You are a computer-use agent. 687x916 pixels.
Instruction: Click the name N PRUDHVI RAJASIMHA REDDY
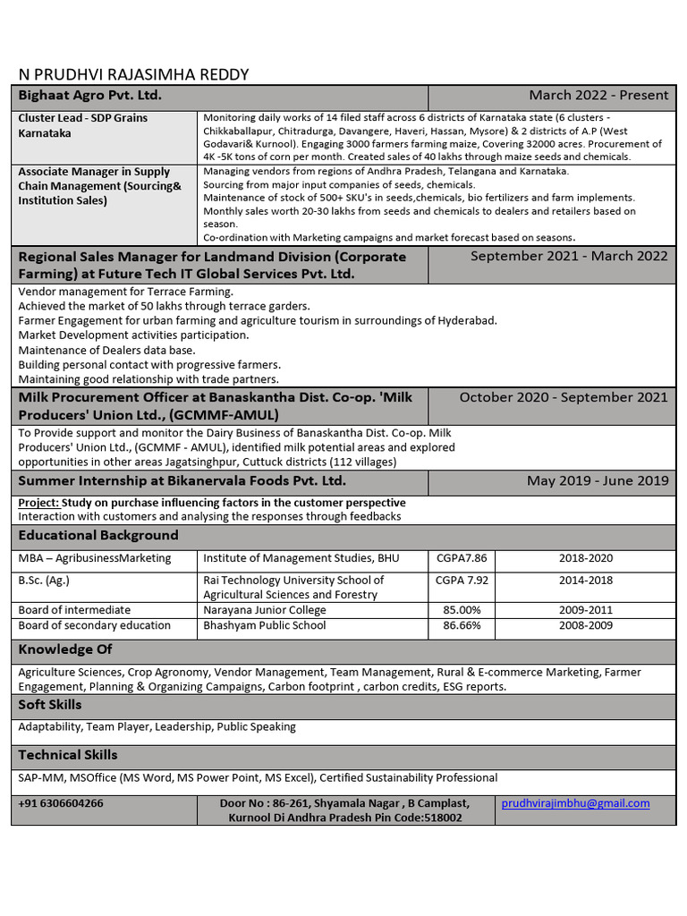coord(134,74)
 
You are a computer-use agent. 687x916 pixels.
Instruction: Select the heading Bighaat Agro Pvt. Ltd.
coord(90,96)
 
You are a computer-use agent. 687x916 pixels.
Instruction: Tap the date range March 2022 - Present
coord(598,96)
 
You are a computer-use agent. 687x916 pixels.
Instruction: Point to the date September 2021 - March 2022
coord(569,256)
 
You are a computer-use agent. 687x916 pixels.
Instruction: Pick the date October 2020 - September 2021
coord(564,397)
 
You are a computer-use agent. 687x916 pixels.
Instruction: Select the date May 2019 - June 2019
coord(598,481)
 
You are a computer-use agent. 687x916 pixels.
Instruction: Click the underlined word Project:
coord(38,503)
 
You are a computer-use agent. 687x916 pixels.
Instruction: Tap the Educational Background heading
coord(98,536)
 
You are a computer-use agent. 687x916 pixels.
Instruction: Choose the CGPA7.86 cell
coord(462,558)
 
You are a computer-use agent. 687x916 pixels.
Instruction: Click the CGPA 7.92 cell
coord(462,580)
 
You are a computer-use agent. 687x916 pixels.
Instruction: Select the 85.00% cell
coord(462,610)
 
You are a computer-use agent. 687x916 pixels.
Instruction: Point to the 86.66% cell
coord(462,625)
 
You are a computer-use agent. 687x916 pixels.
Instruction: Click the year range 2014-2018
coord(586,580)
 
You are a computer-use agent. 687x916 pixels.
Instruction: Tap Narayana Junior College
coord(265,610)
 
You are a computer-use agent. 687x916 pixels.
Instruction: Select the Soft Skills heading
coord(50,705)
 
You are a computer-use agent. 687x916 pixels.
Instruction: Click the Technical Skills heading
coord(68,755)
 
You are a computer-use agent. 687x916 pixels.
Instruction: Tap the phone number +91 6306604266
coord(61,803)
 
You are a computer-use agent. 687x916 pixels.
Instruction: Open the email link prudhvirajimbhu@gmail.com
coord(575,803)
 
